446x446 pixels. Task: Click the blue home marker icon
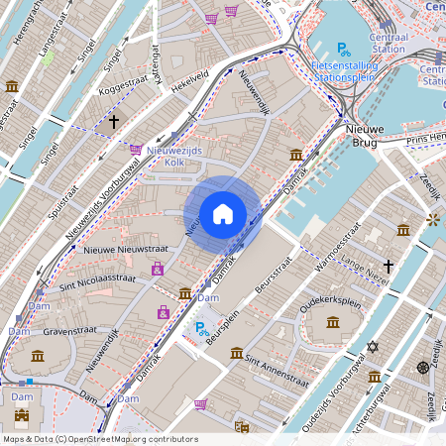[223, 213]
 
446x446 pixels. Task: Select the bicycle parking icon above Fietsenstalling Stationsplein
[343, 49]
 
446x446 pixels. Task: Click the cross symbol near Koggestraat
[114, 122]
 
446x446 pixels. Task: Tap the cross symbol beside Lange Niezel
[389, 266]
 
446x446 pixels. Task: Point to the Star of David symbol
[373, 346]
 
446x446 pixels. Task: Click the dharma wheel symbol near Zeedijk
[422, 368]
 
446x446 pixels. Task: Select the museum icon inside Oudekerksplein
[331, 321]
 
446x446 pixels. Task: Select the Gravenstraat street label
[67, 331]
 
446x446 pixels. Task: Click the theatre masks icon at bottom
[241, 427]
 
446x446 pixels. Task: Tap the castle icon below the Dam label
[22, 415]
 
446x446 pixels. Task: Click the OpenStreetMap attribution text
[99, 439]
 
